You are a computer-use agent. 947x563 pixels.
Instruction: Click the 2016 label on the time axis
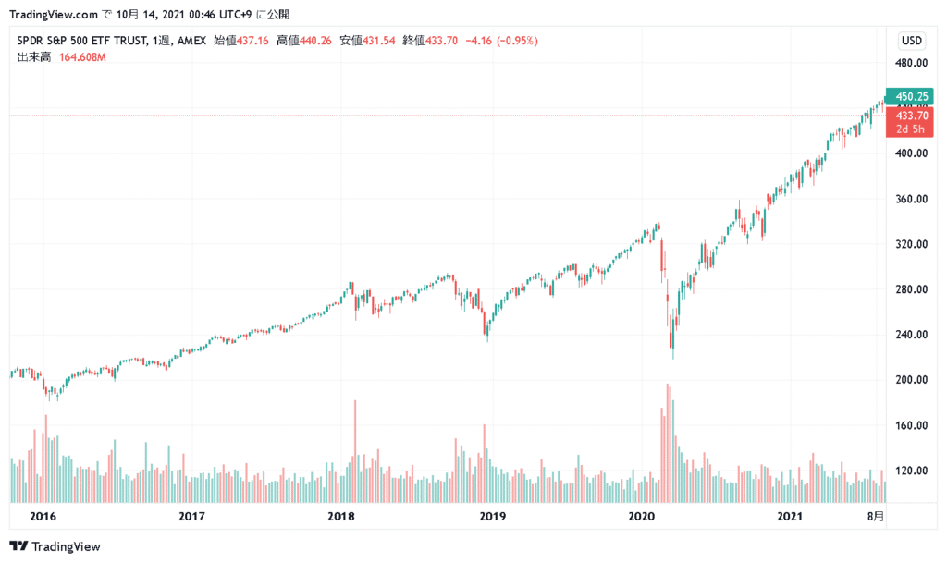click(41, 516)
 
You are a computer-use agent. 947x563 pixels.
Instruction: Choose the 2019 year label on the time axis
click(492, 516)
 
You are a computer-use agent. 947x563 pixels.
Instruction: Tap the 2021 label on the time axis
click(790, 516)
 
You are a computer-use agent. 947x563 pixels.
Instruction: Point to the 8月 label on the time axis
click(876, 516)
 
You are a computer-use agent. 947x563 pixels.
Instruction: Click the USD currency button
click(911, 41)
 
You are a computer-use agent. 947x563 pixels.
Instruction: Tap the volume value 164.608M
click(83, 57)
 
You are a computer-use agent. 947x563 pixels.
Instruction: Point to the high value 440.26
click(312, 41)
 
